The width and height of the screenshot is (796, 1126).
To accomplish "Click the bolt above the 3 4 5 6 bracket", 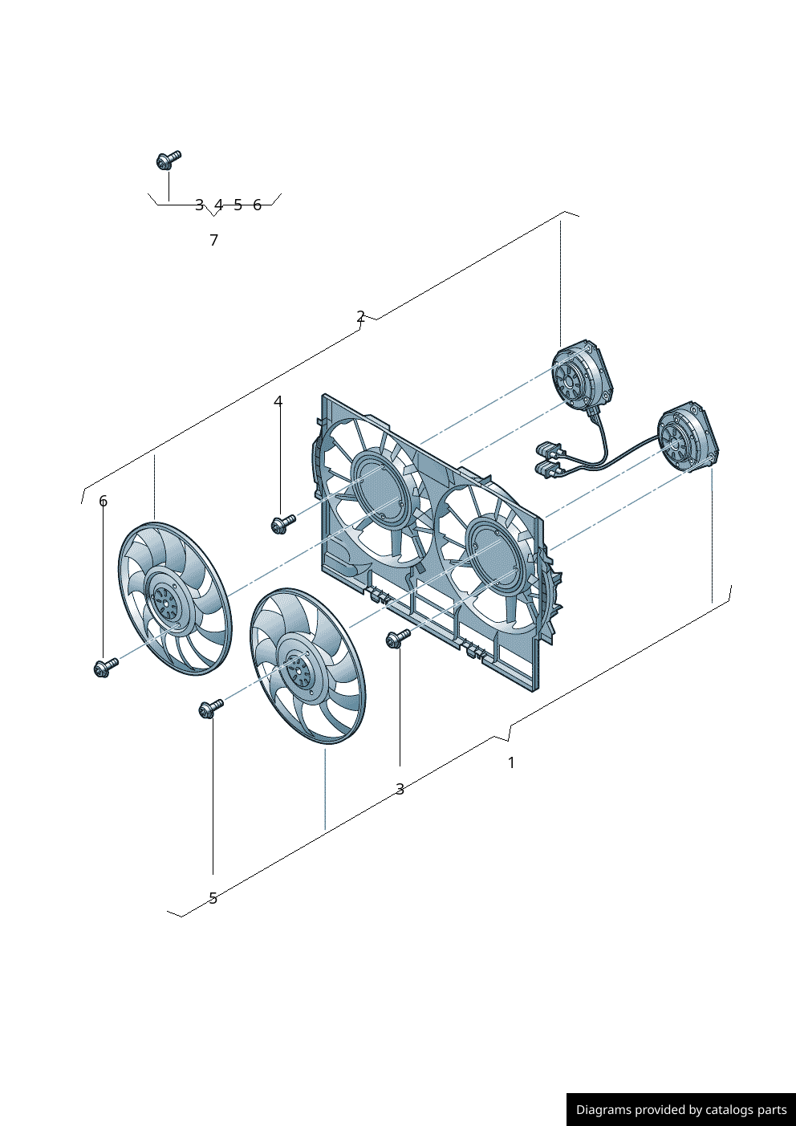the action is click(x=169, y=160).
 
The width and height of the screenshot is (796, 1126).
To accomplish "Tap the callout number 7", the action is click(x=214, y=240).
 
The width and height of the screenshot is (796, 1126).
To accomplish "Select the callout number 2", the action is click(x=360, y=317).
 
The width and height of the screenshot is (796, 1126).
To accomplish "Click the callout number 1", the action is click(x=512, y=762).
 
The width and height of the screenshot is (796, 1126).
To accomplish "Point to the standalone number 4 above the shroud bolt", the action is click(x=278, y=401).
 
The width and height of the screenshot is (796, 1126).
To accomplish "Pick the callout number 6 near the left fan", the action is click(x=103, y=501).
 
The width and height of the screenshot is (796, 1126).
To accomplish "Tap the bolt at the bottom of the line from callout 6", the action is click(x=106, y=667).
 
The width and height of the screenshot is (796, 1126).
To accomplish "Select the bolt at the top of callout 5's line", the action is click(x=211, y=709).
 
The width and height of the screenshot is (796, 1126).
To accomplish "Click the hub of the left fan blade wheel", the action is click(x=166, y=599).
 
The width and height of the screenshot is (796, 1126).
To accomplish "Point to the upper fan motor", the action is click(x=583, y=376).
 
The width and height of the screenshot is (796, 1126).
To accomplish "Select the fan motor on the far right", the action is click(x=688, y=437).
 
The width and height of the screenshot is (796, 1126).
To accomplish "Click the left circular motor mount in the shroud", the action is click(x=378, y=487).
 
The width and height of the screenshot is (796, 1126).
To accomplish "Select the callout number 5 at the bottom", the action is click(x=213, y=898).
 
